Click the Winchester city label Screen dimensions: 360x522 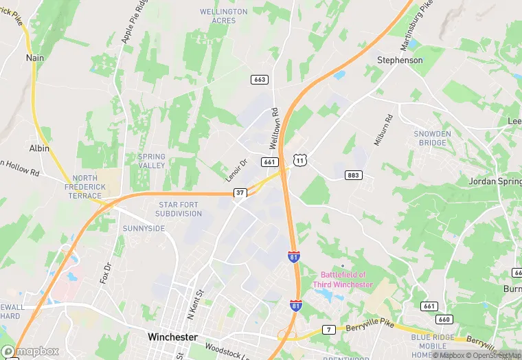click(x=172, y=337)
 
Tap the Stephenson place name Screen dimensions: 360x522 click(x=400, y=60)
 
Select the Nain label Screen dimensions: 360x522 click(x=35, y=58)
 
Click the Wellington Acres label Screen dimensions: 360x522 click(x=223, y=16)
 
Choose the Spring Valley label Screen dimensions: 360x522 click(x=151, y=161)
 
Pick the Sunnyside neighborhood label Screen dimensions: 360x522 click(x=144, y=228)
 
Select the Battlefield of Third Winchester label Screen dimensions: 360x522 click(x=342, y=280)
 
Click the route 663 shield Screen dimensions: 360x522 click(x=259, y=80)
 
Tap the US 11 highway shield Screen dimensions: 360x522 click(x=299, y=160)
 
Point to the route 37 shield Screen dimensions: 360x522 click(x=239, y=193)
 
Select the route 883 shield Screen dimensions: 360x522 click(x=353, y=175)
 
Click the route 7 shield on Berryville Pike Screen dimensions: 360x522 click(x=330, y=330)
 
